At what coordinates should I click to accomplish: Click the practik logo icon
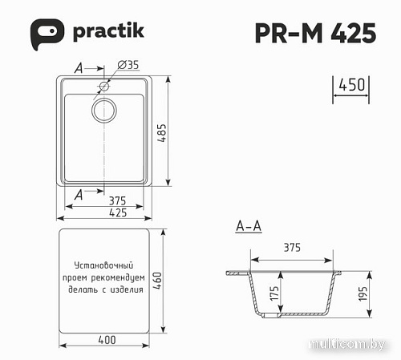pyautogui.click(x=47, y=33)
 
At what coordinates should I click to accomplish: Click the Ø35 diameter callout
pyautogui.click(x=128, y=65)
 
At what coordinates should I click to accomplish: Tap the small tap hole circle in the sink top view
pyautogui.click(x=104, y=85)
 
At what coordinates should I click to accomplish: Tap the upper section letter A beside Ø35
pyautogui.click(x=79, y=68)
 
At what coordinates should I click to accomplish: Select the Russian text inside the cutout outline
pyautogui.click(x=108, y=277)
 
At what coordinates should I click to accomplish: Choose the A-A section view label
pyautogui.click(x=249, y=227)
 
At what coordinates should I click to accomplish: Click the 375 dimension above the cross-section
pyautogui.click(x=291, y=248)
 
